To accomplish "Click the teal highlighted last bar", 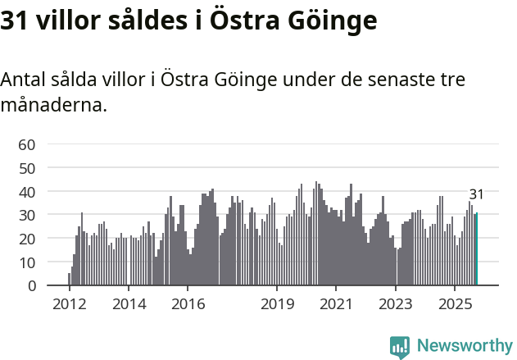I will (477, 249).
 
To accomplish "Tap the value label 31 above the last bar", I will (476, 194).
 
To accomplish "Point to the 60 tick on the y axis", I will (27, 144).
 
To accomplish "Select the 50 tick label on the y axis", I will (27, 168).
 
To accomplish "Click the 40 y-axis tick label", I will (27, 192).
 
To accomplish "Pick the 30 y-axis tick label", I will (27, 216).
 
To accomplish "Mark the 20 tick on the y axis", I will (27, 239).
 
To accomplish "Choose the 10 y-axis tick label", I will (27, 262).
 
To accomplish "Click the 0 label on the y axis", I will (31, 286).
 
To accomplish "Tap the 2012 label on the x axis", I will (69, 303).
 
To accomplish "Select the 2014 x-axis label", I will (129, 303).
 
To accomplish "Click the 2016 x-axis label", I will (188, 303).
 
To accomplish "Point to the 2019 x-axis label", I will (277, 303).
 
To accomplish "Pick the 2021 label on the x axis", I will (336, 303).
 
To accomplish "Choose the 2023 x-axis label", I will (396, 303).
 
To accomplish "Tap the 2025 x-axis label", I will (455, 303).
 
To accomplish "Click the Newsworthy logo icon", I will (400, 347).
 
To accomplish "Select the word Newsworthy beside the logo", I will (464, 346).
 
